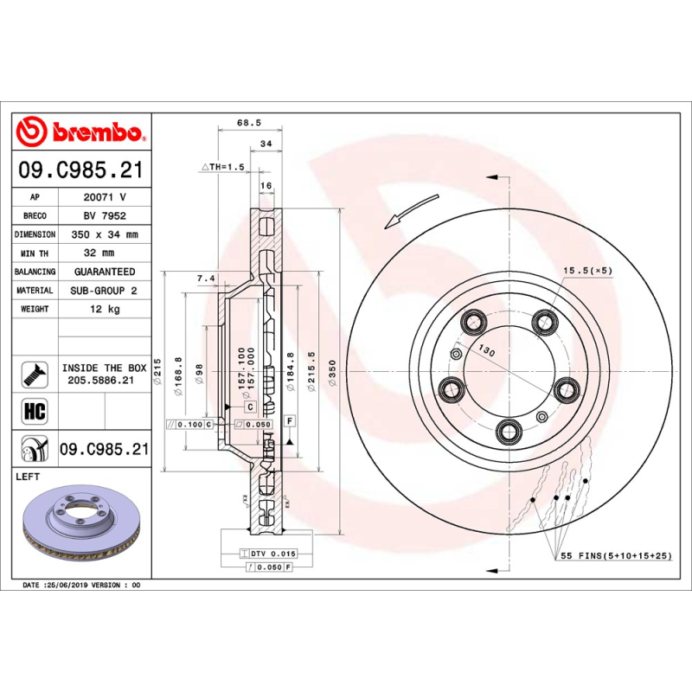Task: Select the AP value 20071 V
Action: [x=105, y=197]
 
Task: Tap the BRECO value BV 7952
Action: [x=105, y=215]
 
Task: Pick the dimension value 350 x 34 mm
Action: [x=105, y=234]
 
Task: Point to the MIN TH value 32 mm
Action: [x=105, y=253]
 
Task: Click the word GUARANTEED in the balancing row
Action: [x=105, y=272]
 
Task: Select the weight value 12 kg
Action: [x=105, y=309]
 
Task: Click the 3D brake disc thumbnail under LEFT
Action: [x=79, y=521]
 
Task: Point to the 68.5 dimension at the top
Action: [x=249, y=123]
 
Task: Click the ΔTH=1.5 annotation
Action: [x=223, y=166]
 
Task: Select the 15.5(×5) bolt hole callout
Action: [x=587, y=271]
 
